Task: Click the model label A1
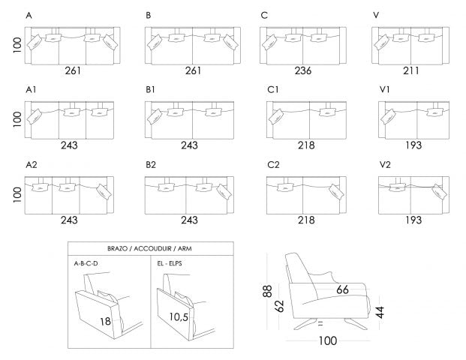click(31, 90)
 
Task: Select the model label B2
click(151, 164)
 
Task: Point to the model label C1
click(273, 90)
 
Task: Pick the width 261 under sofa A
click(73, 71)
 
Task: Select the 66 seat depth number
click(342, 289)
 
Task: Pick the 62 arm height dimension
click(279, 307)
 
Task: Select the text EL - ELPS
click(169, 264)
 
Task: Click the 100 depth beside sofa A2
click(16, 194)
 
